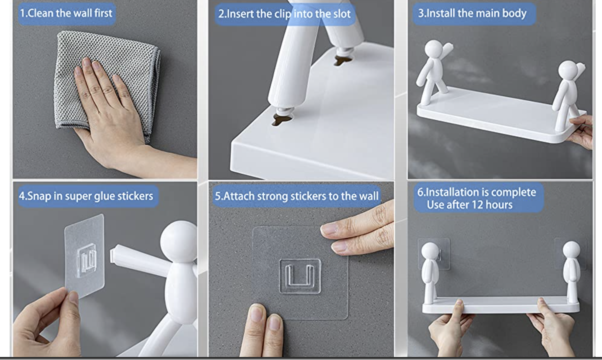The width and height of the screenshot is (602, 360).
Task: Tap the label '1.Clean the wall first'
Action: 66,13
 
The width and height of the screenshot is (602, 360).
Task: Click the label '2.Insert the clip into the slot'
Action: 284,14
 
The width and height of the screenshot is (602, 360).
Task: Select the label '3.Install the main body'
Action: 472,13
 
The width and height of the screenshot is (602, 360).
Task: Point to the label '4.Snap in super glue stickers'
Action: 86,196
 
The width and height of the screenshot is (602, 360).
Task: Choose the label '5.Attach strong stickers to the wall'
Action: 296,196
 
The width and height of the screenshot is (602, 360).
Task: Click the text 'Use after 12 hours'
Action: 469,205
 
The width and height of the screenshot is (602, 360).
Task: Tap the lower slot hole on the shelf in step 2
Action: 282,119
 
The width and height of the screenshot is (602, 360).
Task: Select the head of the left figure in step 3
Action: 434,49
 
